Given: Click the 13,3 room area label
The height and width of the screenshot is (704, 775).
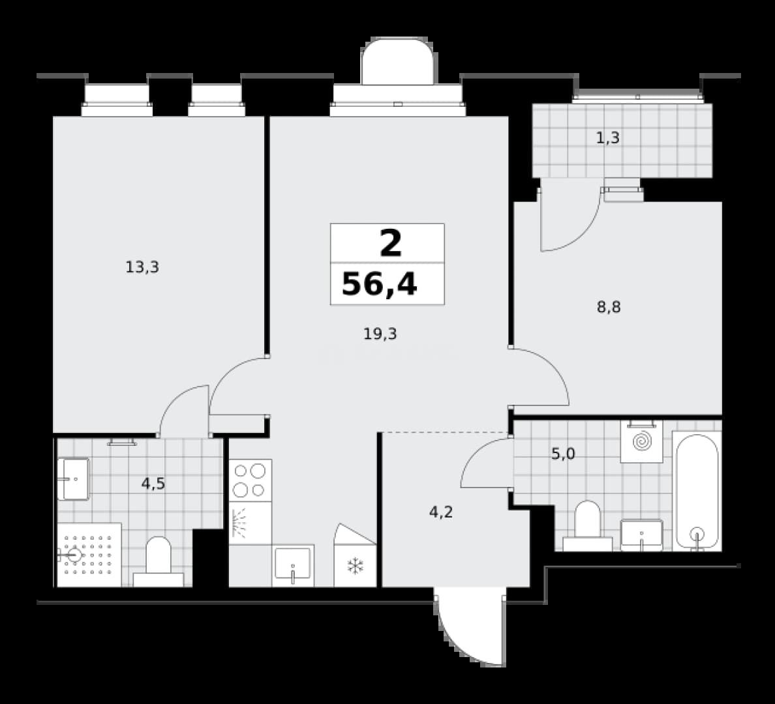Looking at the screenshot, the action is pyautogui.click(x=142, y=267).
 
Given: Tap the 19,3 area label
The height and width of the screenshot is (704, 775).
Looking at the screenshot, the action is pyautogui.click(x=380, y=334).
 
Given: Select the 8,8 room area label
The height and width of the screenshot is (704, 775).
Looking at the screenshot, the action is pyautogui.click(x=609, y=307).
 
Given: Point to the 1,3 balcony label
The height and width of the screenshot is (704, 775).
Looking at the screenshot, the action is pyautogui.click(x=607, y=138).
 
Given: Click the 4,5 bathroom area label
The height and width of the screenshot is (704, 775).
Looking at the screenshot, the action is pyautogui.click(x=153, y=484).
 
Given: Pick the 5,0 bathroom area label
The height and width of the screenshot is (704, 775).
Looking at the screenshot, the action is pyautogui.click(x=563, y=454).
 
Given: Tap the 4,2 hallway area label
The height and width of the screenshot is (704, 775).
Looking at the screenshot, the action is pyautogui.click(x=441, y=512).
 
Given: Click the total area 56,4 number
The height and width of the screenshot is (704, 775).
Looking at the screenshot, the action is pyautogui.click(x=380, y=285).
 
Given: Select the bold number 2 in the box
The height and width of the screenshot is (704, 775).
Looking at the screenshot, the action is pyautogui.click(x=391, y=244).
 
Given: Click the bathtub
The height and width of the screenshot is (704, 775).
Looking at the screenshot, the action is pyautogui.click(x=697, y=491).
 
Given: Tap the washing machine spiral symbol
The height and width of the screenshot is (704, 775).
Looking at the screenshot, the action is pyautogui.click(x=642, y=441).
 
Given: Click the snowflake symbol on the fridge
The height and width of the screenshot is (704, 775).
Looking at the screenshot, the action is pyautogui.click(x=355, y=566).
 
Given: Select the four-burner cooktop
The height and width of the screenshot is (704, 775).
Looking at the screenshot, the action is pyautogui.click(x=250, y=480).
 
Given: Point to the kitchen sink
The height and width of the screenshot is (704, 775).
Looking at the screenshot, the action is pyautogui.click(x=293, y=566).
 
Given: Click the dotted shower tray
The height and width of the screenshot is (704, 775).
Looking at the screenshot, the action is pyautogui.click(x=89, y=555).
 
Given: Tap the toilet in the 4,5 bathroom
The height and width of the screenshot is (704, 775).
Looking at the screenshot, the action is pyautogui.click(x=158, y=562).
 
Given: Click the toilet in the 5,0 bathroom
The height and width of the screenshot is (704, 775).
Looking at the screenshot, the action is pyautogui.click(x=588, y=526).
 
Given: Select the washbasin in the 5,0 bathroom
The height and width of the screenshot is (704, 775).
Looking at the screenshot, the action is pyautogui.click(x=641, y=535).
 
